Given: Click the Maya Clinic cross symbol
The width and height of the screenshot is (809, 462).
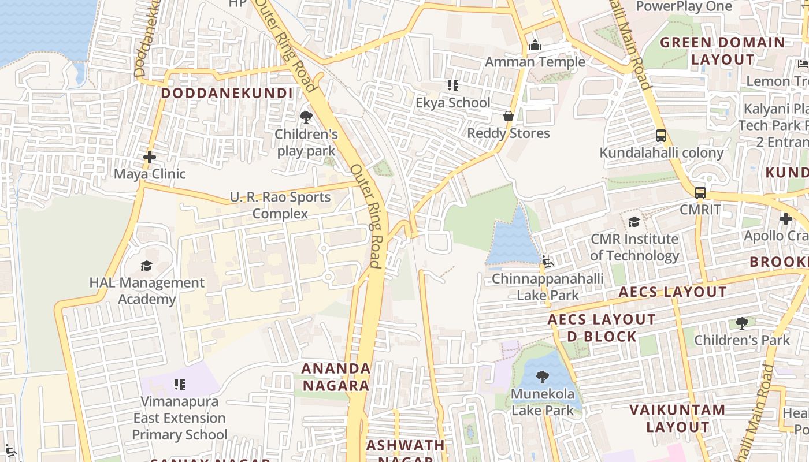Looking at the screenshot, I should coord(150,157).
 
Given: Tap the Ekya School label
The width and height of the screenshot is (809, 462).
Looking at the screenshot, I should coord(453,103).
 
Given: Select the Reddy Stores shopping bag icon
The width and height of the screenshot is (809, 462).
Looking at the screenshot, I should coord(509,116).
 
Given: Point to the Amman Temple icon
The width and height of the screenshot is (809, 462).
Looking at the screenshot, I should coord(535,45).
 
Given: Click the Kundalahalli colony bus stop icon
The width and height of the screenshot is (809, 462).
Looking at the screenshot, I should coord(661,136).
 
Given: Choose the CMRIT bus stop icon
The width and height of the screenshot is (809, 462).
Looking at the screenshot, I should coord(700,192).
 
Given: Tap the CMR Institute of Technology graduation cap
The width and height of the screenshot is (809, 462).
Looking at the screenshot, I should coord(634,222).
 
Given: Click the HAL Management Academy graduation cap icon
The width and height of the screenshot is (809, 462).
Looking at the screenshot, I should coord(146,266).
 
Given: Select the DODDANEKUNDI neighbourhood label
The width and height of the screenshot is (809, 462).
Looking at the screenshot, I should coord(227,93).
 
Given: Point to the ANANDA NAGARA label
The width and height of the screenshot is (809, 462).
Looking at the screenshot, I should coord(336,377).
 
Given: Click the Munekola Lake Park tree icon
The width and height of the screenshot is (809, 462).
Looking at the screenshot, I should coord(543,378).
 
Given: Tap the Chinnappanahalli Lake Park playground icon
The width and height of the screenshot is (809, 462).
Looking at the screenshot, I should coord(547,262).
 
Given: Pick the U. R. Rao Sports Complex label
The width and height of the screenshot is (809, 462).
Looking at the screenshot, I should coord(280,205).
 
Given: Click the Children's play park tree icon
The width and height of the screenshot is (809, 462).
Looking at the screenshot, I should coord(306,118).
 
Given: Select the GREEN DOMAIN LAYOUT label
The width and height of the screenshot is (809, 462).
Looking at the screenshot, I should coord(722,51).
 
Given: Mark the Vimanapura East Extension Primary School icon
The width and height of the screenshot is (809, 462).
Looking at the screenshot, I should coord(180,384).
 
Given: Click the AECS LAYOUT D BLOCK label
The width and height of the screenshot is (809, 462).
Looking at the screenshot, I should coord(602,327).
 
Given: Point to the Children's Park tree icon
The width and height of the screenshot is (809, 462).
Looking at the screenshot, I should coord(741,323).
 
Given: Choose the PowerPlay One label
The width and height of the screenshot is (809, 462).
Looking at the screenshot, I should coord(684,6).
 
